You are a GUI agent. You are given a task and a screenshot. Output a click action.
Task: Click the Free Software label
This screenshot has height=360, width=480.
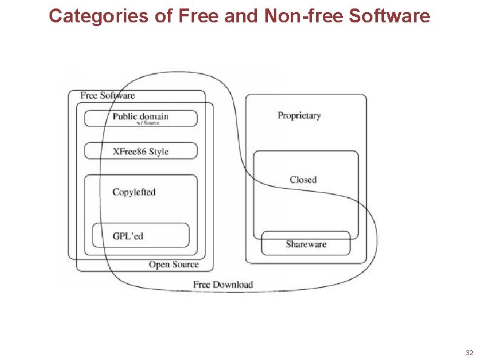tap(108, 96)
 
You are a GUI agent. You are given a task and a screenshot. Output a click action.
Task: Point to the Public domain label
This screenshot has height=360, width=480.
tap(140, 116)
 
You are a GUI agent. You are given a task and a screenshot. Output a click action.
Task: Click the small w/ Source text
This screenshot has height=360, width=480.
tap(148, 123)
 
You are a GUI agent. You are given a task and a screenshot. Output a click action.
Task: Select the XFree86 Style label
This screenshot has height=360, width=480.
tap(140, 151)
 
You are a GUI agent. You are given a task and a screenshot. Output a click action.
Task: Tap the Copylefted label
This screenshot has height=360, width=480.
tap(134, 192)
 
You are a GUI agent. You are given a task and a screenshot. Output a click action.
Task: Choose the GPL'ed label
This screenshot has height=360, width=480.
tap(128, 235)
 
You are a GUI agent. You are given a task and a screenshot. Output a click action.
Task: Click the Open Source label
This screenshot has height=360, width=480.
tap(174, 264)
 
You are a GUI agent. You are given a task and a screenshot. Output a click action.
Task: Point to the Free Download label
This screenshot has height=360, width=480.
tap(223, 284)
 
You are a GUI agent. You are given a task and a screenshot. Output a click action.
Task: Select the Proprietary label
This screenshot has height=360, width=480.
tap(299, 116)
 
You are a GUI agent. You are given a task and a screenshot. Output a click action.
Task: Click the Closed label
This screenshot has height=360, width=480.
tap(303, 180)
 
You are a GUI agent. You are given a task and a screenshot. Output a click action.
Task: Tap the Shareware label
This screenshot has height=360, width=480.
tap(306, 244)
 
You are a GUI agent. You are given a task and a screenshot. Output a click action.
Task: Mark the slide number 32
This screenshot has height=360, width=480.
tap(469, 352)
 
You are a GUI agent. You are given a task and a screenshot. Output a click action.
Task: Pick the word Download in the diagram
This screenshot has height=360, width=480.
tap(233, 284)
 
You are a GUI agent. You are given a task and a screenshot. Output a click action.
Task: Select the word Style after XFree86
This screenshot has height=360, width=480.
tap(158, 151)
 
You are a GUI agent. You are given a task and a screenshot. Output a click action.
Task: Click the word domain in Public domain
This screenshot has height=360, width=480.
tap(154, 116)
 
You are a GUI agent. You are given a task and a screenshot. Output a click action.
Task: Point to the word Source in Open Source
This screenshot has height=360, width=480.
tap(185, 264)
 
